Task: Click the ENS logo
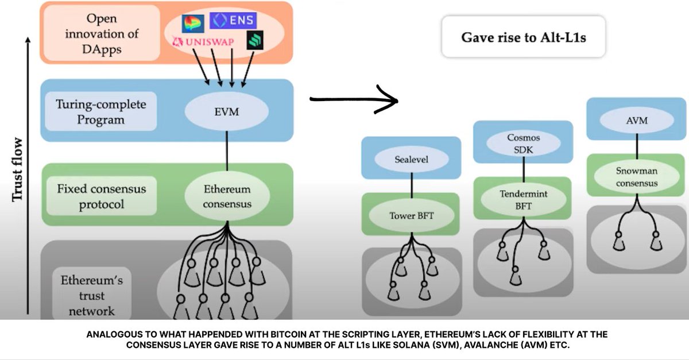[233, 21]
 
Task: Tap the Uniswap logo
[206, 42]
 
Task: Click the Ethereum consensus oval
[227, 196]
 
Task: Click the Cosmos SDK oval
[523, 144]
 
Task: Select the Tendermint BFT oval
[523, 199]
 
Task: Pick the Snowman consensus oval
[636, 177]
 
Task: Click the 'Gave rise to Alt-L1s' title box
[523, 38]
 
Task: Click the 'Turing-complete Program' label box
[100, 112]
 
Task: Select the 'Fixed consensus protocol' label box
[101, 196]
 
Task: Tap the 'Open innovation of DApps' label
[101, 33]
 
